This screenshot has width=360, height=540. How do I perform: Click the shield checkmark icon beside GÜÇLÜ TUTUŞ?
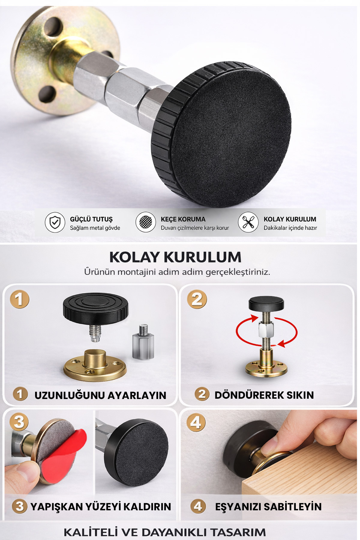tap(55, 223)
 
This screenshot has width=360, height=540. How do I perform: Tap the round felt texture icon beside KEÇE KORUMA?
tap(145, 223)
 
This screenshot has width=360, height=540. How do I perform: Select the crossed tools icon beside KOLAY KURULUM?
tap(248, 223)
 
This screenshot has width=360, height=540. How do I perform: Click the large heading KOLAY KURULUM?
tap(175, 257)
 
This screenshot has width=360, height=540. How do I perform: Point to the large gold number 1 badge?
tap(19, 299)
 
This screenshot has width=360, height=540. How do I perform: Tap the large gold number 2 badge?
tap(197, 299)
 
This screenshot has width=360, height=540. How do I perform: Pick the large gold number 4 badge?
tap(196, 422)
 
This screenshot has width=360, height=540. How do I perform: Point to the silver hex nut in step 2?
tap(266, 330)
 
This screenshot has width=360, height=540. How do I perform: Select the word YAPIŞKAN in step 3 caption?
tap(57, 507)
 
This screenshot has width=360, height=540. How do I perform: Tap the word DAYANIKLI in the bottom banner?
tap(174, 532)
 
